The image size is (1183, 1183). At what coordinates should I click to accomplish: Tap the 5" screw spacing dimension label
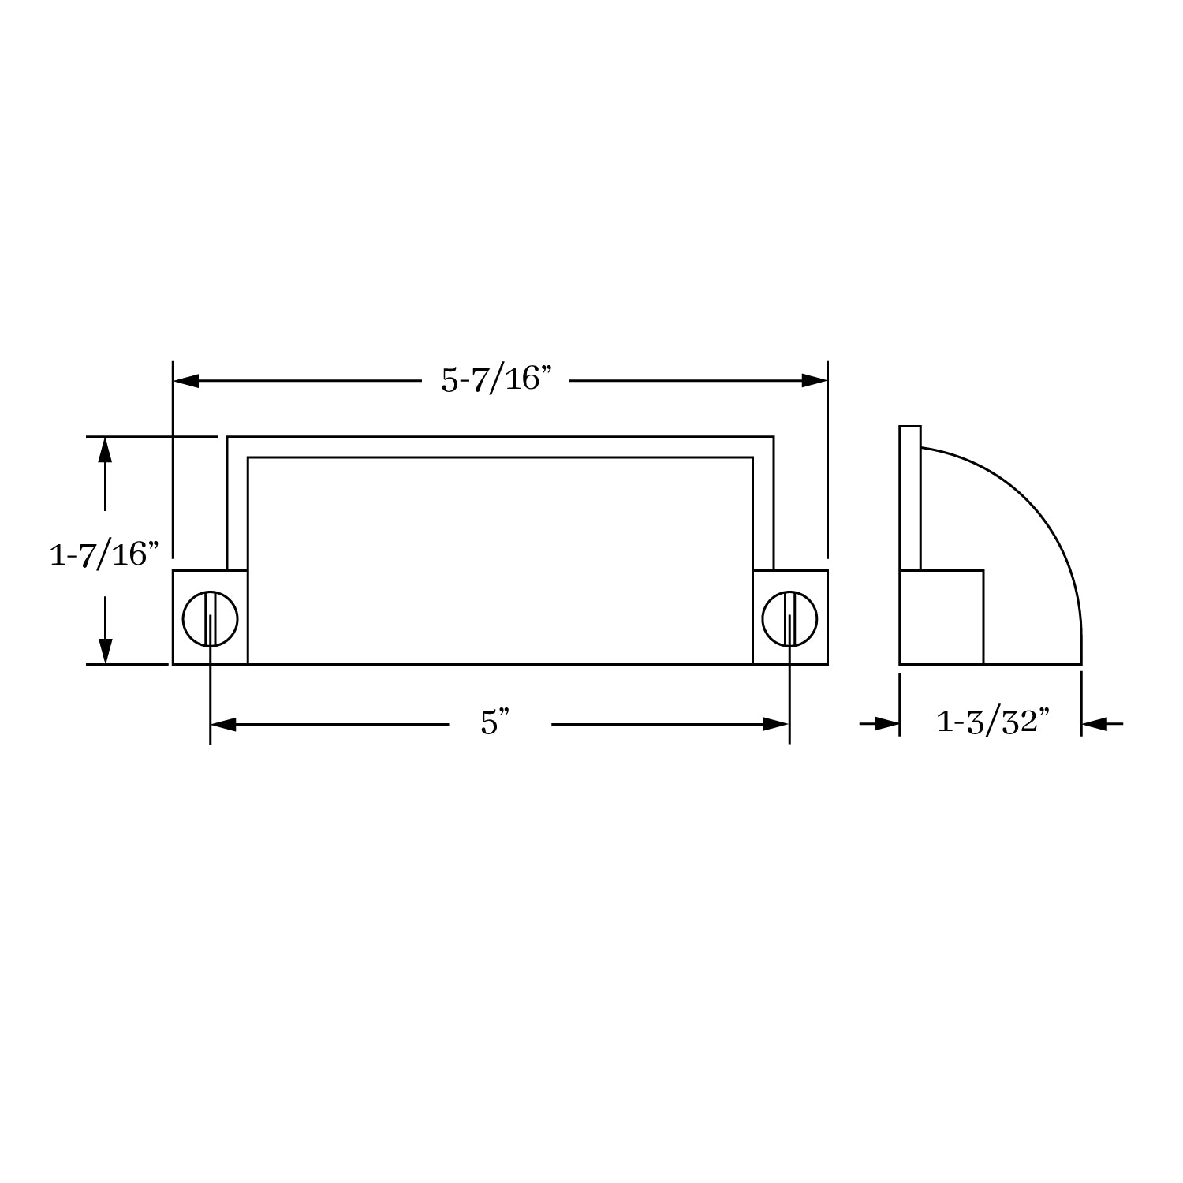pyautogui.click(x=496, y=723)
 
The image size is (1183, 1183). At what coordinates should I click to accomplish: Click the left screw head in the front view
pyautogui.click(x=210, y=618)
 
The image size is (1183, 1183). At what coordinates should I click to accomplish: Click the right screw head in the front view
pyautogui.click(x=789, y=618)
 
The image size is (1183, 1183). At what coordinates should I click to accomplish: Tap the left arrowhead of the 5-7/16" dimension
pyautogui.click(x=186, y=381)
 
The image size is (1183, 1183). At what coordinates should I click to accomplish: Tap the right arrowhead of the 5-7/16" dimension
pyautogui.click(x=814, y=381)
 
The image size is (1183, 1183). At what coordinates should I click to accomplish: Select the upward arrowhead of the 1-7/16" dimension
pyautogui.click(x=105, y=450)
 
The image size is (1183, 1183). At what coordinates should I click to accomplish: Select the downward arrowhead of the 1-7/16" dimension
pyautogui.click(x=105, y=651)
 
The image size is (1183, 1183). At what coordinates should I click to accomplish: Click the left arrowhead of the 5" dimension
pyautogui.click(x=223, y=724)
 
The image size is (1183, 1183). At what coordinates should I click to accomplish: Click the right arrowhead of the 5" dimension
pyautogui.click(x=776, y=724)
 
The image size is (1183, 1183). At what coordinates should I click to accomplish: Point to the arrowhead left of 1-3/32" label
pyautogui.click(x=886, y=723)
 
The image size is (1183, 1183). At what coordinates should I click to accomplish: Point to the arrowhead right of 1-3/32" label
pyautogui.click(x=1095, y=723)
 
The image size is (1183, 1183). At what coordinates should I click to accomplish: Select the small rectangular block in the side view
pyautogui.click(x=942, y=617)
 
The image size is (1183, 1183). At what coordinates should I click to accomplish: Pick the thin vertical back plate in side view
pyautogui.click(x=910, y=497)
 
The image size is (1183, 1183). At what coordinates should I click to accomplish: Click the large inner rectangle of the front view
pyautogui.click(x=500, y=560)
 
